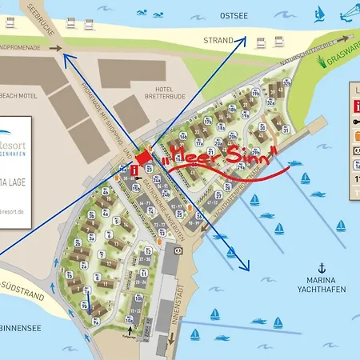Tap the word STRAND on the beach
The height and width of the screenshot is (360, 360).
(x=218, y=39)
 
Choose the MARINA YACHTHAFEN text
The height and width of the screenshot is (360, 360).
(x=320, y=285)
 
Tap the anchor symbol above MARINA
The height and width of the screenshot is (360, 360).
(x=322, y=267)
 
